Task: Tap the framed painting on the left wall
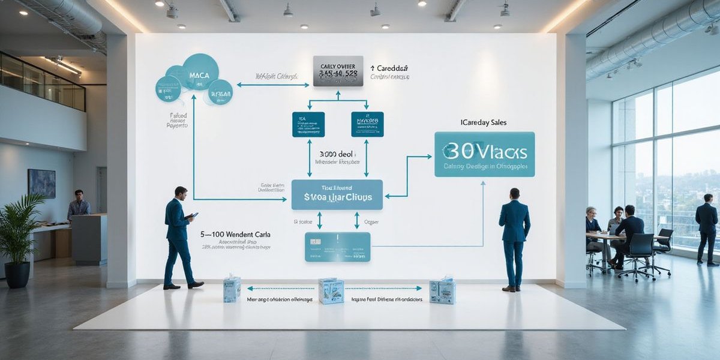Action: [41, 183]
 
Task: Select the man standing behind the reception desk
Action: [78, 205]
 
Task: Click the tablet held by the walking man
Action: [193, 215]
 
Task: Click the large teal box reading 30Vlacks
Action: [484, 154]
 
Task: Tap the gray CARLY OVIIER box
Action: [338, 71]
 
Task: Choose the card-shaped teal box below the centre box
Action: [337, 247]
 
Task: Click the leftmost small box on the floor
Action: [232, 289]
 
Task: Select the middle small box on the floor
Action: [331, 290]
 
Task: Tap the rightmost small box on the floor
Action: [442, 291]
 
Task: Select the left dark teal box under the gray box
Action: [308, 124]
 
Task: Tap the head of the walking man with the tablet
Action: [181, 192]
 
